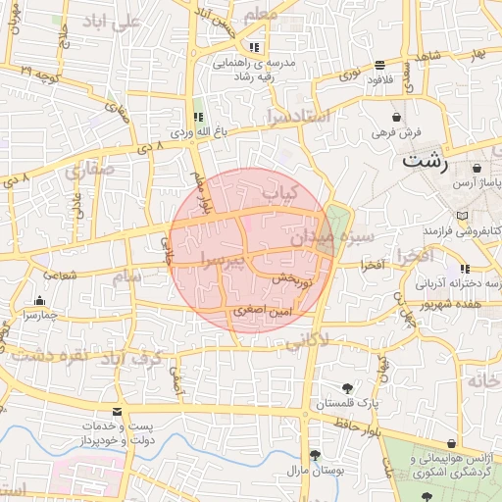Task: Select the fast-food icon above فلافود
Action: pos(379,65)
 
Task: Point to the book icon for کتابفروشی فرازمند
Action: pos(462,215)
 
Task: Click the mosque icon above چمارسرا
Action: pos(39,300)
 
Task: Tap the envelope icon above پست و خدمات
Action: pos(118,412)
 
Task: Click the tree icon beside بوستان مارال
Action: pos(315,454)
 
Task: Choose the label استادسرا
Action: pos(299,118)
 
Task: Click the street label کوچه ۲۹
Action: pos(38,74)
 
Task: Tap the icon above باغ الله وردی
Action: pos(198,117)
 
